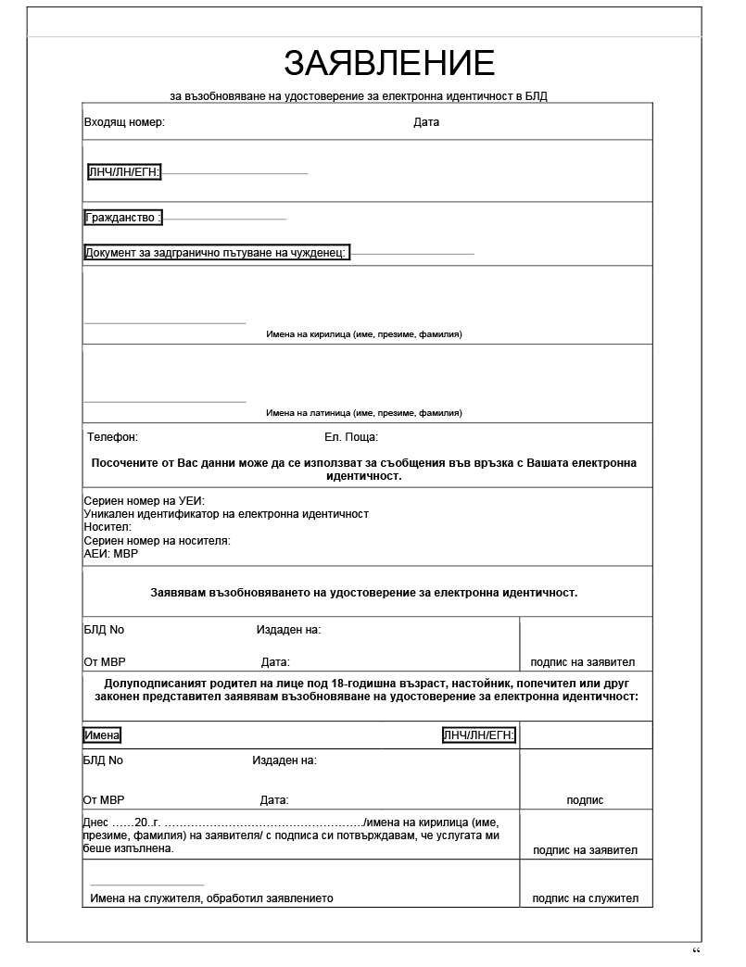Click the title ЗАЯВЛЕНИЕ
click(389, 63)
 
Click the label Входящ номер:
click(124, 122)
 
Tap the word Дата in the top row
click(426, 122)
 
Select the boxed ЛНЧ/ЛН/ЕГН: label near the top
click(124, 172)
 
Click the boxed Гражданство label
click(123, 218)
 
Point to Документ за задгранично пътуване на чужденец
click(216, 253)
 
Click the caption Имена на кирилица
click(363, 333)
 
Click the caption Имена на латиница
click(363, 412)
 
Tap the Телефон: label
click(113, 436)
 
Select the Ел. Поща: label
click(351, 436)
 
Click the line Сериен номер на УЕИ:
click(144, 501)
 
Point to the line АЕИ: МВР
click(110, 553)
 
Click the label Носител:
click(108, 527)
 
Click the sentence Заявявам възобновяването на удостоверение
click(363, 592)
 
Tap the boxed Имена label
click(102, 735)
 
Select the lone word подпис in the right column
click(585, 800)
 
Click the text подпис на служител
click(586, 898)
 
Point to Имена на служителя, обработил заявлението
click(211, 898)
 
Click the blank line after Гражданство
click(225, 220)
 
